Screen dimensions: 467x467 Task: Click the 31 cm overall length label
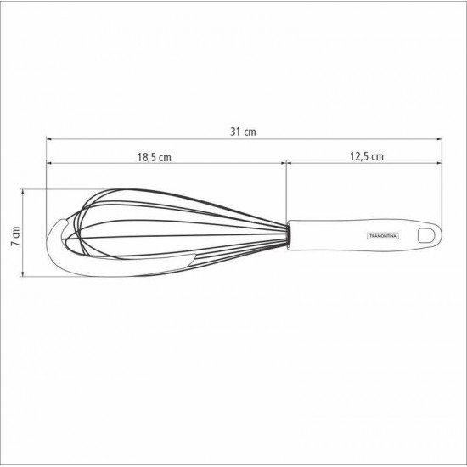point(243,132)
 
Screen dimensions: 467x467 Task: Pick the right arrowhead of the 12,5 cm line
point(438,162)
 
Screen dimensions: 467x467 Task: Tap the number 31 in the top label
point(236,132)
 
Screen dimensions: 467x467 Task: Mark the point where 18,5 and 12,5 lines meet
point(286,162)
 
